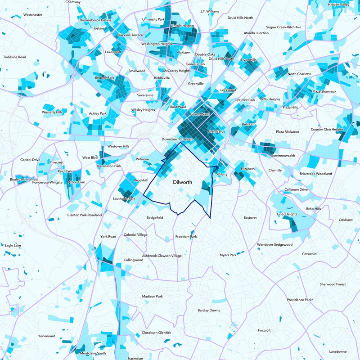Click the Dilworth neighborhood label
click(x=183, y=183)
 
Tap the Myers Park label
click(x=228, y=255)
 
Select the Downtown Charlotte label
click(x=178, y=139)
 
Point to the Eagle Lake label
click(x=12, y=246)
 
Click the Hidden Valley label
click(x=338, y=4)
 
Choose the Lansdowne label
click(x=338, y=351)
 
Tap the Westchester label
click(x=33, y=15)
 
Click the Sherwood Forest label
click(x=333, y=284)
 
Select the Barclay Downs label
click(x=209, y=310)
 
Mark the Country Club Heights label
click(x=327, y=130)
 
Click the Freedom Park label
click(x=186, y=237)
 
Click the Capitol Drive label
click(x=30, y=160)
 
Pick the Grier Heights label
click(x=287, y=215)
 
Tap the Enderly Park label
click(x=104, y=78)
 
